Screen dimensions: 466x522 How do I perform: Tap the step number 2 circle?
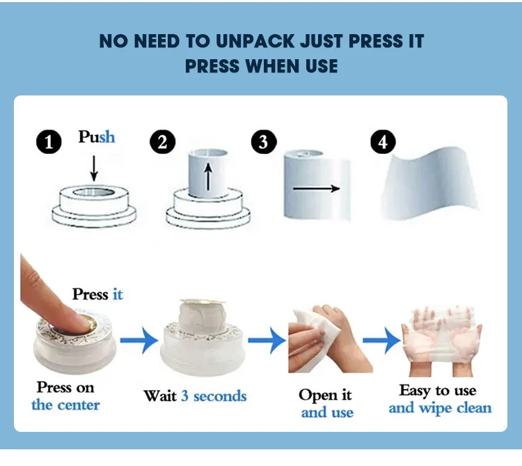pos(162,143)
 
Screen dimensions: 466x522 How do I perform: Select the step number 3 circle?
pos(263,143)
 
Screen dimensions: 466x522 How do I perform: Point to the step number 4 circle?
pos(382,142)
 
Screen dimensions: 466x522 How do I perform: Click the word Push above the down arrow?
pos(97,137)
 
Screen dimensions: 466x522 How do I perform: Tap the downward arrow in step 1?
pos(95,167)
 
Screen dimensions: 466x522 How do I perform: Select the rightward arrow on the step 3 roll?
pos(315,188)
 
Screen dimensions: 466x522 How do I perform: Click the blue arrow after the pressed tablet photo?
pos(139,341)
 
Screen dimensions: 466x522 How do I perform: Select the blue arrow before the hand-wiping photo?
pos(267,341)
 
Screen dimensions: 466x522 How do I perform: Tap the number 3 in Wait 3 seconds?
pos(185,396)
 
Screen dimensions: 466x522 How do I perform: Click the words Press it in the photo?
pos(97,295)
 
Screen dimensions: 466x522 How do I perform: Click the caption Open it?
pos(326,396)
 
